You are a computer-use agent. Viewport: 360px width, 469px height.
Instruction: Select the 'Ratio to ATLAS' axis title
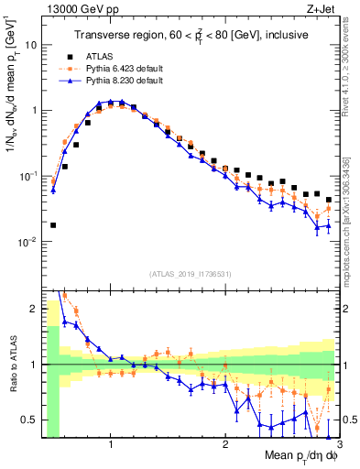(x=11, y=364)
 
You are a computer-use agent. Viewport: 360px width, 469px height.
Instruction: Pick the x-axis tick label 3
(x=338, y=442)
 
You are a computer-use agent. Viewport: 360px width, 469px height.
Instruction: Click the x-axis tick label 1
(x=111, y=442)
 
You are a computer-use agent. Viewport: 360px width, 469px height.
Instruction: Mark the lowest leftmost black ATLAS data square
(x=53, y=224)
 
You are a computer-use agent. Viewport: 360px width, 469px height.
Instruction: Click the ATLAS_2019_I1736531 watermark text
(x=190, y=274)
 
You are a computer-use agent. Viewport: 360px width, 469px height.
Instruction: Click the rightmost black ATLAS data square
(x=329, y=200)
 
